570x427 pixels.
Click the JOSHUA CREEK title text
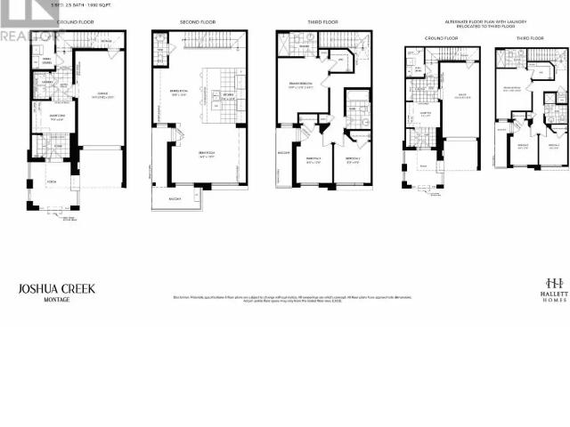(x=56, y=288)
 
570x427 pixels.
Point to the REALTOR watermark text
(x=27, y=36)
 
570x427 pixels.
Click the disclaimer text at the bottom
(x=285, y=298)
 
